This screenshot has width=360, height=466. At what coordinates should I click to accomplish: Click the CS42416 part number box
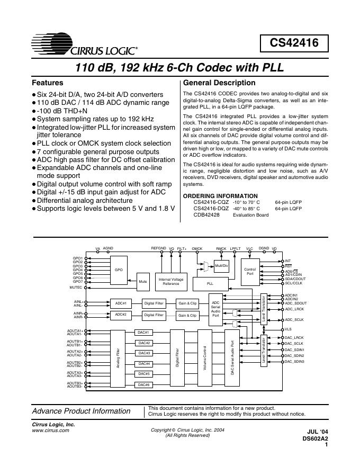(295, 43)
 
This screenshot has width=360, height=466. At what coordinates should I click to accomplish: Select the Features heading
(48, 83)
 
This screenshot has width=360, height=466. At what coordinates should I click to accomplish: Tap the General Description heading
(219, 83)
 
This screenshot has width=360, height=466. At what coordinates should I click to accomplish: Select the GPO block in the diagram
(119, 270)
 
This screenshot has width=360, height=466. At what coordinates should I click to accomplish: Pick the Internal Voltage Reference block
(171, 282)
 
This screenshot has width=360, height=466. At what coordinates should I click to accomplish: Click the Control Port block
(250, 271)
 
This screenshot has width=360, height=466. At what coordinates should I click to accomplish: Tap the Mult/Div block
(221, 266)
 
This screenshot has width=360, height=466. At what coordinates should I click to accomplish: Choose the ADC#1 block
(121, 303)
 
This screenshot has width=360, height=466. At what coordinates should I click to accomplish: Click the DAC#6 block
(144, 384)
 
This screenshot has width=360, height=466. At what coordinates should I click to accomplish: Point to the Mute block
(143, 282)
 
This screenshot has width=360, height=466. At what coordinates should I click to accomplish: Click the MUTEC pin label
(76, 288)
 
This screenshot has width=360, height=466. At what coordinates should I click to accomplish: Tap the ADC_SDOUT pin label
(295, 302)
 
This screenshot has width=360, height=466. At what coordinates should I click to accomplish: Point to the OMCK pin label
(197, 248)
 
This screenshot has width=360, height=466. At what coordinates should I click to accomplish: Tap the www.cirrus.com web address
(51, 431)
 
